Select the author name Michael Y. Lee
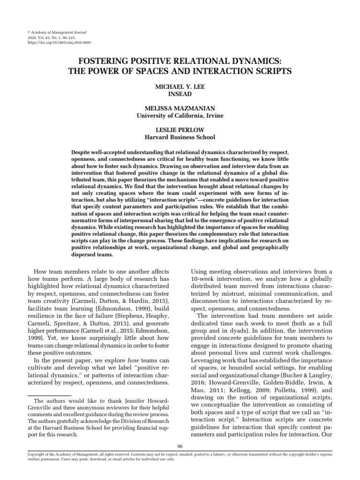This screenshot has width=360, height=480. pos(180,87)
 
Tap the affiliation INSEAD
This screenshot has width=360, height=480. pos(180,94)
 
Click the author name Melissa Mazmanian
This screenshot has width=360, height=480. pos(180,108)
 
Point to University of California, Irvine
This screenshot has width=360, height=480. pos(180,115)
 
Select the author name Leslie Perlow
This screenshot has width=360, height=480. pos(180,130)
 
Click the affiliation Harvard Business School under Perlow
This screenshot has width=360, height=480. pos(180,137)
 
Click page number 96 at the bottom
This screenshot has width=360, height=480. pos(180,445)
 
